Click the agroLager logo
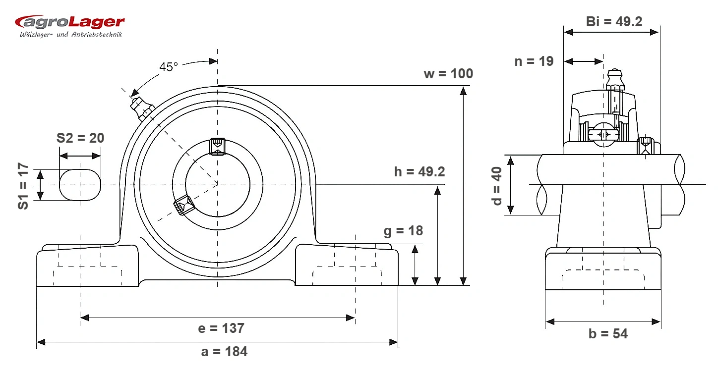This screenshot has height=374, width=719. tap(69, 26)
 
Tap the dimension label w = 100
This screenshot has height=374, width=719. tap(448, 74)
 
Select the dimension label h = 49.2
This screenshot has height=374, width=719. tap(419, 172)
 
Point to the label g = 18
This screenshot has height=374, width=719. tap(403, 231)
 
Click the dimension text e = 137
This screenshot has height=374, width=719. tap(221, 328)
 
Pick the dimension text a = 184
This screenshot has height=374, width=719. tap(224, 352)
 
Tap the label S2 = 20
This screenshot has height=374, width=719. tap(80, 138)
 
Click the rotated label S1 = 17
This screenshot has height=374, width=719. tap(23, 186)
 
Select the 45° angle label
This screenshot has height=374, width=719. tap(169, 67)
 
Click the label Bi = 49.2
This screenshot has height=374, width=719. tap(614, 22)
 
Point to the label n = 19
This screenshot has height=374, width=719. tap(534, 61)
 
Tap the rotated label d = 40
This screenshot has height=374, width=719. tap(496, 186)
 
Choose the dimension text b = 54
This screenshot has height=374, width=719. tap(608, 334)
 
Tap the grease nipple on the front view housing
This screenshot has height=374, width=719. tap(141, 108)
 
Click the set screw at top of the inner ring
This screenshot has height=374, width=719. tap(217, 147)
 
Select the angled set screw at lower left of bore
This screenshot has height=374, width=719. tap(183, 205)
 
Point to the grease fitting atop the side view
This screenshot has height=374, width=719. tap(615, 79)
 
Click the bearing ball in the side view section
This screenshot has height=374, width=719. tap(603, 135)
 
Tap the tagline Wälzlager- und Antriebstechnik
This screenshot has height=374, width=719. tap(71, 35)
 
